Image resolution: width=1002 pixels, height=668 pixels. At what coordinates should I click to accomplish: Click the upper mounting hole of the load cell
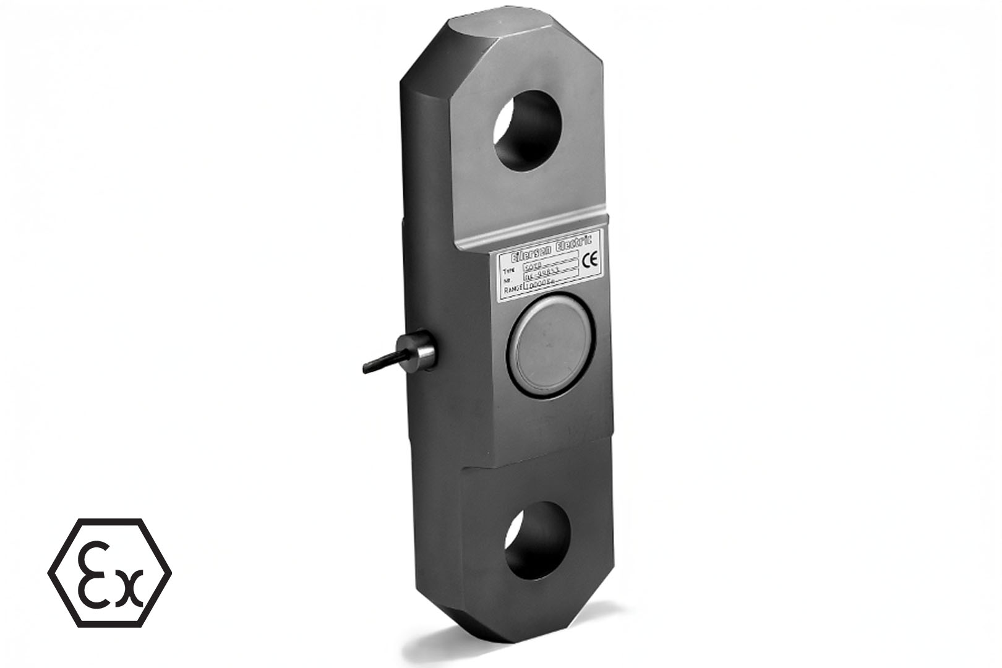[525, 131]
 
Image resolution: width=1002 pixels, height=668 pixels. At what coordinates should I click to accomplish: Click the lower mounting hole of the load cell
[533, 539]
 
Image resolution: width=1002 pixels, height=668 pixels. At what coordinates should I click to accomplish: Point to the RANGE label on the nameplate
[513, 289]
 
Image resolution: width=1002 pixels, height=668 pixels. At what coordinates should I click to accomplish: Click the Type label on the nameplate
[509, 271]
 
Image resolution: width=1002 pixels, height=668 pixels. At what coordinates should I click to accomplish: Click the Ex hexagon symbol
[109, 572]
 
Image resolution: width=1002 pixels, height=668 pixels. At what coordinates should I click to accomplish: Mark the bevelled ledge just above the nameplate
[532, 232]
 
